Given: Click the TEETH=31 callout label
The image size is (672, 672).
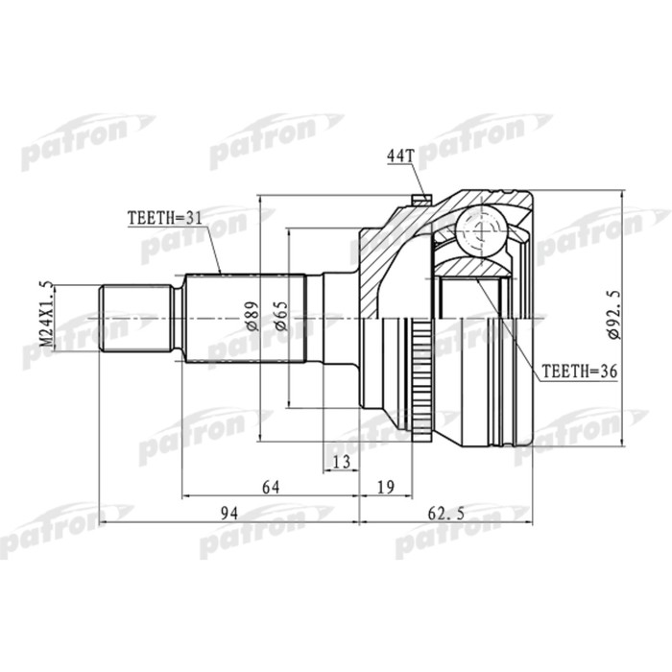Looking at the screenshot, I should (x=165, y=219).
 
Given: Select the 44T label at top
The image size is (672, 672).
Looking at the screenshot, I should (x=399, y=156).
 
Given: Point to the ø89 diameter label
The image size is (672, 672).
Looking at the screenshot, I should (x=251, y=316).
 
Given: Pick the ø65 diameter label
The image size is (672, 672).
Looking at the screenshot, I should (x=280, y=316).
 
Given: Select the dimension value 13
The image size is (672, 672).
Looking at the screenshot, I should (x=340, y=462).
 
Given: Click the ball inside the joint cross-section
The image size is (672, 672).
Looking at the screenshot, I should (x=477, y=231).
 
